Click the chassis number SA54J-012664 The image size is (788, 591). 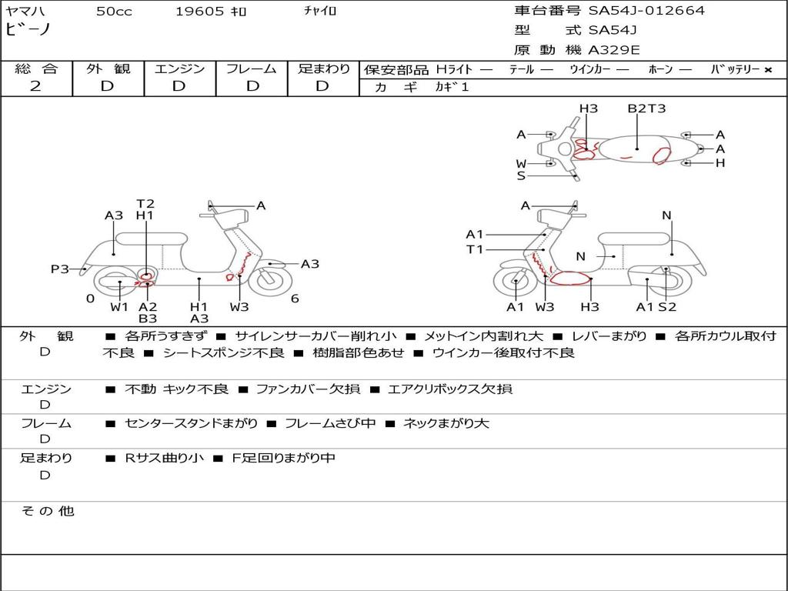point(646,11)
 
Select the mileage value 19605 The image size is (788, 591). point(199,12)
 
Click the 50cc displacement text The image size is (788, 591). point(114,12)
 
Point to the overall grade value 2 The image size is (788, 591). point(35,86)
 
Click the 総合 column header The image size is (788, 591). point(35,69)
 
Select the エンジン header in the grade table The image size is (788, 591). point(179,69)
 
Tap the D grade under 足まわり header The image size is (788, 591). point(322,86)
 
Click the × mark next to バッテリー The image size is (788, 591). point(767,70)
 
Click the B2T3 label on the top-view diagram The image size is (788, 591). point(646,109)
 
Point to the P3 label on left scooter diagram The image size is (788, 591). point(59,269)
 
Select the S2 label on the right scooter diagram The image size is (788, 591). point(667,307)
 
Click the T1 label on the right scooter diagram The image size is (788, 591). point(475,249)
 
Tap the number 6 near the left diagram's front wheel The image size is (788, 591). point(295,299)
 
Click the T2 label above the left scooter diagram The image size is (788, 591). point(145,204)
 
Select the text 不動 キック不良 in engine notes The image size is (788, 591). point(176,389)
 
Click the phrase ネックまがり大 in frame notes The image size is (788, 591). point(446,423)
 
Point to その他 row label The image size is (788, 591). point(47,511)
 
